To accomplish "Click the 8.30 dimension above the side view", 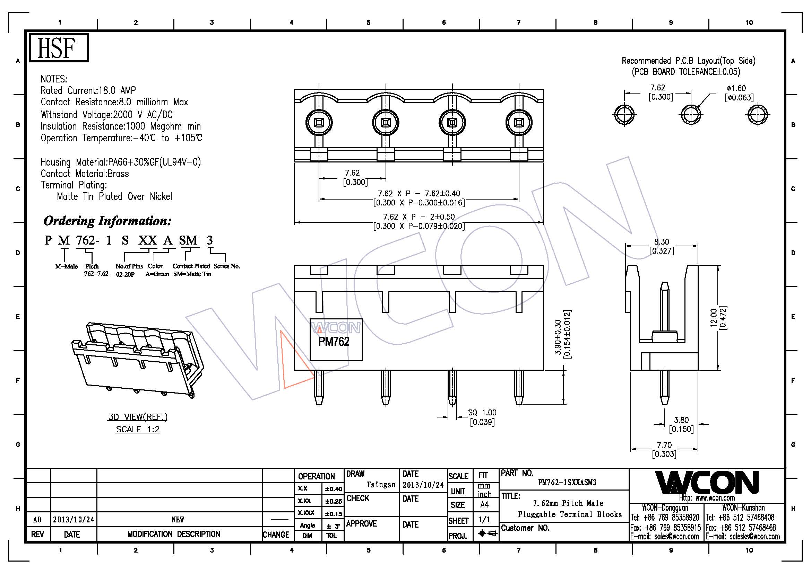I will tap(661, 242).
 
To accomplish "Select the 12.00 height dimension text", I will tap(714, 318).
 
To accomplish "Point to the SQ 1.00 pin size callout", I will tap(482, 413).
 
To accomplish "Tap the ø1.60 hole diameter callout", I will tap(736, 89).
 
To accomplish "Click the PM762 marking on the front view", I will tap(334, 342).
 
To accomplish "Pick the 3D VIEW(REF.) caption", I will tap(138, 417).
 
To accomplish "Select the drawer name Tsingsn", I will tap(381, 485).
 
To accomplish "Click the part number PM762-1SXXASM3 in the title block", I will tap(567, 483).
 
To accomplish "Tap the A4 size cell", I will tap(484, 505).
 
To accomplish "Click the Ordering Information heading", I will tap(107, 221).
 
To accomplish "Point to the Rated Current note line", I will tap(88, 91).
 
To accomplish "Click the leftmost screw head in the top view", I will tap(319, 123).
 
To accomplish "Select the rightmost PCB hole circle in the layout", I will tap(758, 115).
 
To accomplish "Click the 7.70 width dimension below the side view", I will tap(664, 445).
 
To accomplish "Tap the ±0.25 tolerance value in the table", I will tap(334, 501).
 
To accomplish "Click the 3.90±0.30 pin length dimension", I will tap(558, 337).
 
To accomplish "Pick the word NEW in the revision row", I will tap(178, 520).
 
